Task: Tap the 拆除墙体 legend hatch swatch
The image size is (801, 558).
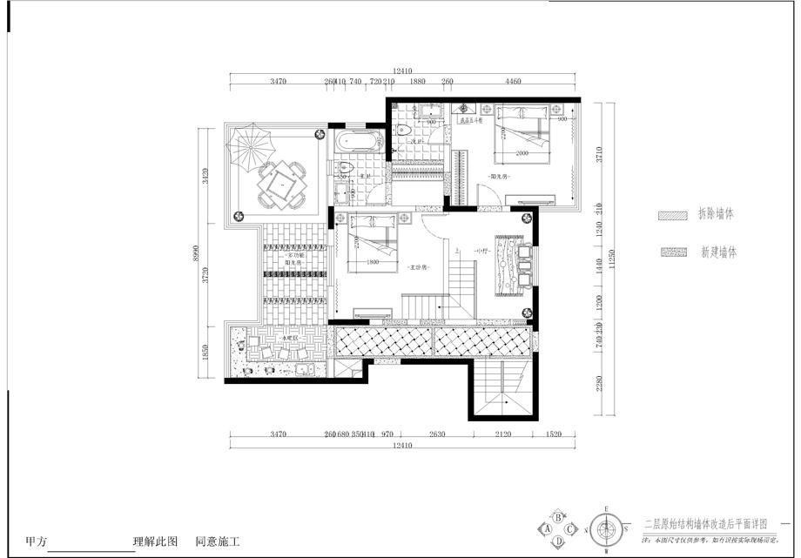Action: tap(672, 214)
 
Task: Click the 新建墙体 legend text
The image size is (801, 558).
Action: tap(718, 252)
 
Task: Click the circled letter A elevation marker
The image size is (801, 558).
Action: tap(548, 528)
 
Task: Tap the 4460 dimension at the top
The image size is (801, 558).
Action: tap(513, 81)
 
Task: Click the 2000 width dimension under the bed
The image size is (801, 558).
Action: tap(522, 153)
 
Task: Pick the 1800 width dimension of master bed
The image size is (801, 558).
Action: tap(374, 262)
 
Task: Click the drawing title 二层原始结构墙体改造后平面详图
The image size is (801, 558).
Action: tap(705, 524)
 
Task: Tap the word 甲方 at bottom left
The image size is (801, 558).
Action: tap(36, 541)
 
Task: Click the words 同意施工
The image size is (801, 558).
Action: tap(217, 541)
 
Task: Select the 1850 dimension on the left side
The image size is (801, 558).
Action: tap(205, 353)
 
